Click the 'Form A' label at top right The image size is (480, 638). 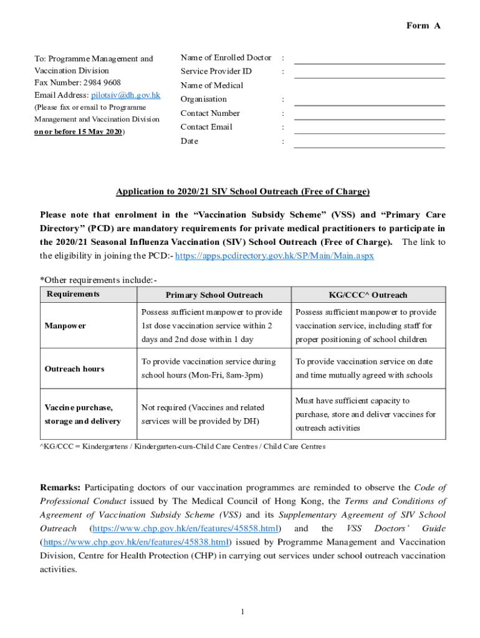(423, 26)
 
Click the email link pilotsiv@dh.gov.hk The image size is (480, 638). (126, 95)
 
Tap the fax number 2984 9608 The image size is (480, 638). (100, 83)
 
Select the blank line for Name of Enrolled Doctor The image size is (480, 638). (369, 59)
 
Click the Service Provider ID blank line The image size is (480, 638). (369, 73)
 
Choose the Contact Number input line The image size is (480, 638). (369, 115)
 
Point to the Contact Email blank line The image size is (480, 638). (369, 128)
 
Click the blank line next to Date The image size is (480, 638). (369, 143)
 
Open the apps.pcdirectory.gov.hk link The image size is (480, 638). (275, 256)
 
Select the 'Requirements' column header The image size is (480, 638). (73, 293)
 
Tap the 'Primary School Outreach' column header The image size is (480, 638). (214, 295)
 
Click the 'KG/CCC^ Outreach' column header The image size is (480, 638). (368, 295)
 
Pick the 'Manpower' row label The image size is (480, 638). (65, 326)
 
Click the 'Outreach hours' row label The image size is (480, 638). (74, 369)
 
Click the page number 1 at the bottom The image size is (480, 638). (242, 611)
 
